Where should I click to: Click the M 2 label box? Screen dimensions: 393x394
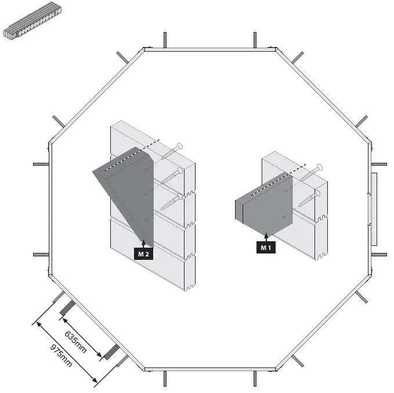(143, 254)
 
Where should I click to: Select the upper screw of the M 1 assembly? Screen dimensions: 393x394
(311, 172)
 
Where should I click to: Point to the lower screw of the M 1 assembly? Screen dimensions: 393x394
(310, 198)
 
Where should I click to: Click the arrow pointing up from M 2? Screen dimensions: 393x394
(143, 244)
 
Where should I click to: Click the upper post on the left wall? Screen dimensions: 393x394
(42, 164)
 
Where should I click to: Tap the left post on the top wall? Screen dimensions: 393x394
(165, 40)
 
